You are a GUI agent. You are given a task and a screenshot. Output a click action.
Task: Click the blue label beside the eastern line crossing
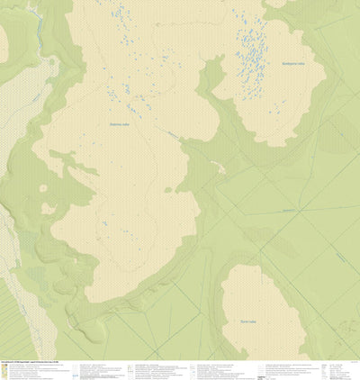click(286, 209)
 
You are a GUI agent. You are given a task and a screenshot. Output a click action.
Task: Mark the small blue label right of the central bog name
click(171, 132)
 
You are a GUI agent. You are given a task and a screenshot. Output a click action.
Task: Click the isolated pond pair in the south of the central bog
click(104, 223)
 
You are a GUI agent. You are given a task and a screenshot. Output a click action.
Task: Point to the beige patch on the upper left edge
click(4, 41)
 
